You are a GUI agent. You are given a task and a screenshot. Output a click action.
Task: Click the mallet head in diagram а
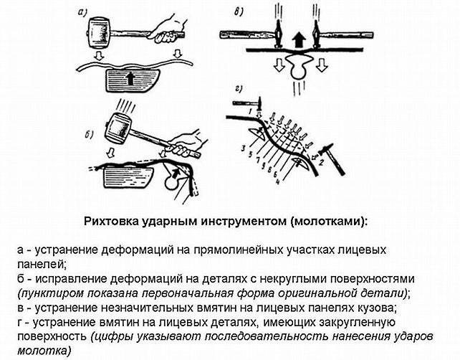point(98,33)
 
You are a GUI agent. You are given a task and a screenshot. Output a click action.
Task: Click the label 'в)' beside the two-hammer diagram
point(241,11)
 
